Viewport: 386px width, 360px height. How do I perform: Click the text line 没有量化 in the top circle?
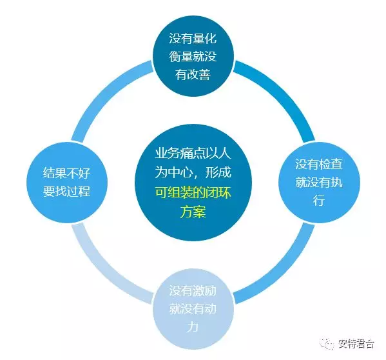click(193, 39)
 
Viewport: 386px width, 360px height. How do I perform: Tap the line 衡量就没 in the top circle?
click(193, 56)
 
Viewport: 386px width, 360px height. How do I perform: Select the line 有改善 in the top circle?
click(193, 74)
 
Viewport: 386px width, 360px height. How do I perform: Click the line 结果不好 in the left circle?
click(67, 173)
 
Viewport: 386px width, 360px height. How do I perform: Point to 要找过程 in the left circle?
click(67, 191)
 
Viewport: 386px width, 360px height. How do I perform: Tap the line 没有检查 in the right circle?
click(319, 164)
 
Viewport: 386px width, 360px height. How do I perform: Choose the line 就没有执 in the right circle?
click(319, 183)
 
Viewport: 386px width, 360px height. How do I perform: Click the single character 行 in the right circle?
click(319, 200)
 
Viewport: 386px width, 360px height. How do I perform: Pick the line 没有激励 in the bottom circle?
click(193, 291)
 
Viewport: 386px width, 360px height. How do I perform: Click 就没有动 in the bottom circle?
click(193, 309)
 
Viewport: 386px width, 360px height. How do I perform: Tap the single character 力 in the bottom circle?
click(193, 326)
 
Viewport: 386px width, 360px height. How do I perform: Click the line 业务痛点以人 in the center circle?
click(193, 154)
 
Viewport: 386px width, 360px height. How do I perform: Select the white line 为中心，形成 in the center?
click(193, 172)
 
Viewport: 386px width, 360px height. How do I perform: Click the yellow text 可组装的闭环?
click(193, 192)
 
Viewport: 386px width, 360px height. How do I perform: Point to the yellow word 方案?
click(193, 212)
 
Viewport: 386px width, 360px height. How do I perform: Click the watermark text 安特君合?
click(356, 343)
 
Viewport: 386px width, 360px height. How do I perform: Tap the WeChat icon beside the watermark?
click(327, 343)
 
